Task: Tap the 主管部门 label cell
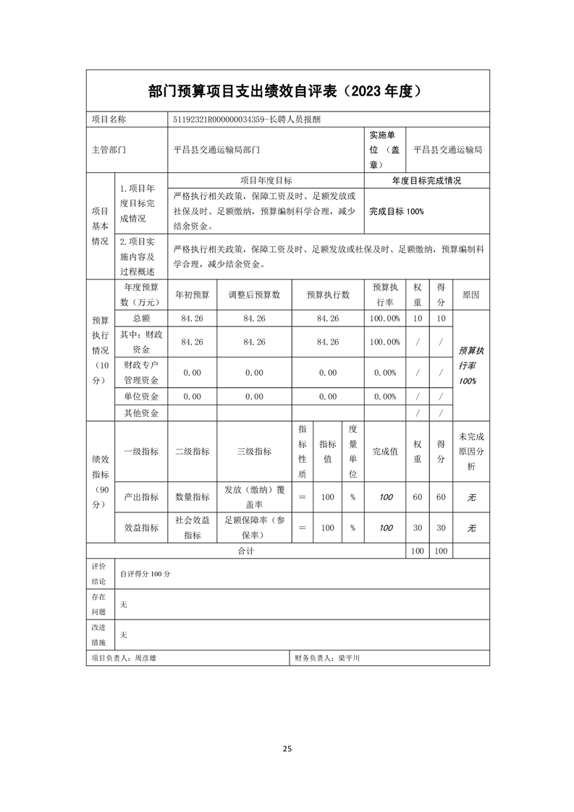(109, 151)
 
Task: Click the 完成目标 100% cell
(396, 211)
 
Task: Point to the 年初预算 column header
(192, 295)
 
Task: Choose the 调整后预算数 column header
(254, 295)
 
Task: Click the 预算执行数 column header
(328, 295)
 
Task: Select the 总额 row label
(141, 318)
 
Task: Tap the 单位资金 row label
(141, 397)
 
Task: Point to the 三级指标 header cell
(254, 451)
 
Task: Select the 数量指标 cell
(192, 497)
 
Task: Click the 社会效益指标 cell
(192, 528)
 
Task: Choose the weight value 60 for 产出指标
(417, 497)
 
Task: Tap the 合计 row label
(246, 551)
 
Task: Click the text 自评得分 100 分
(145, 574)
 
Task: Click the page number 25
(287, 749)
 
